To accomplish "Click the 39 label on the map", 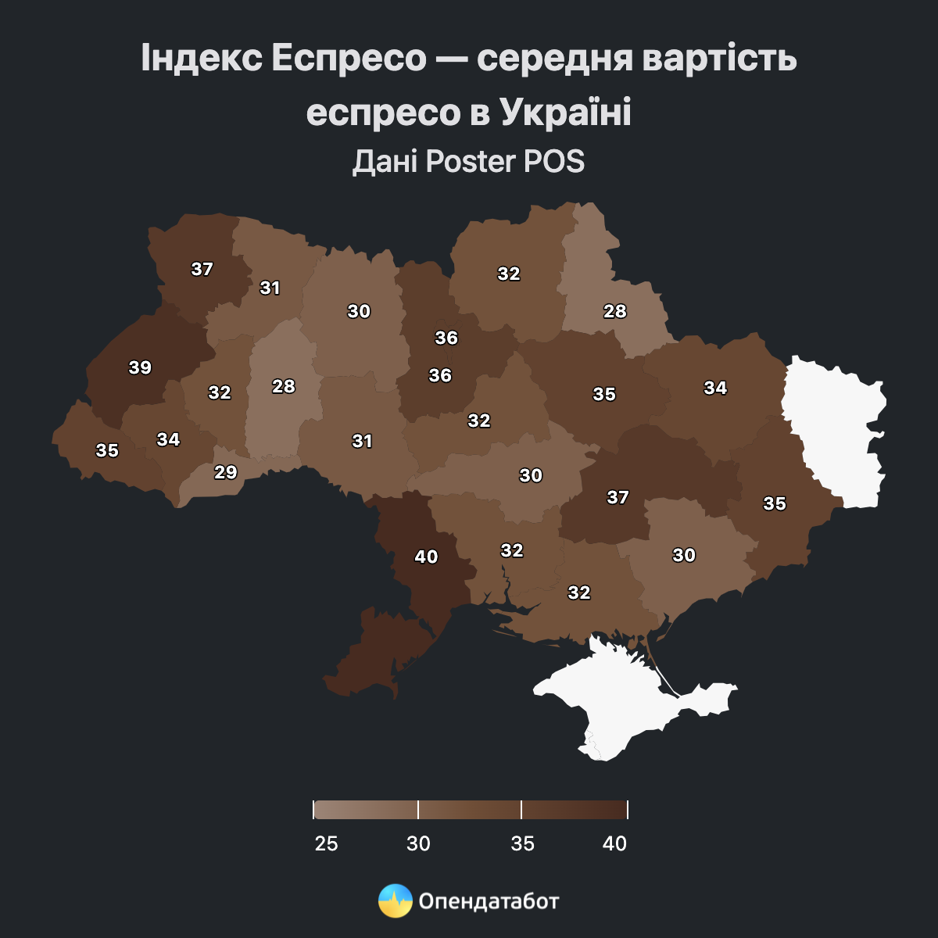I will pyautogui.click(x=140, y=367).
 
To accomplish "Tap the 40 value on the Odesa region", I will pyautogui.click(x=426, y=557).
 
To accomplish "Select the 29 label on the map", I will pyautogui.click(x=226, y=472).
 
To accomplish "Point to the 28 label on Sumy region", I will pyautogui.click(x=615, y=311).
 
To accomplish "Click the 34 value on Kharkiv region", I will pyautogui.click(x=715, y=388).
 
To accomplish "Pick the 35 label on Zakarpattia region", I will pyautogui.click(x=107, y=450).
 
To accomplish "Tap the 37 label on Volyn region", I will pyautogui.click(x=202, y=269).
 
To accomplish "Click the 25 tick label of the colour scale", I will pyautogui.click(x=326, y=843).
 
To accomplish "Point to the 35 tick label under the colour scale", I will pyautogui.click(x=522, y=843).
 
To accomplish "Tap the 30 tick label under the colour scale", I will pyautogui.click(x=418, y=843).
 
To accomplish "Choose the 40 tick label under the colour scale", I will pyautogui.click(x=615, y=843).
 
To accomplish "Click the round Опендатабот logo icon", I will pyautogui.click(x=395, y=901).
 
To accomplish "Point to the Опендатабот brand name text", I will pyautogui.click(x=489, y=901).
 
